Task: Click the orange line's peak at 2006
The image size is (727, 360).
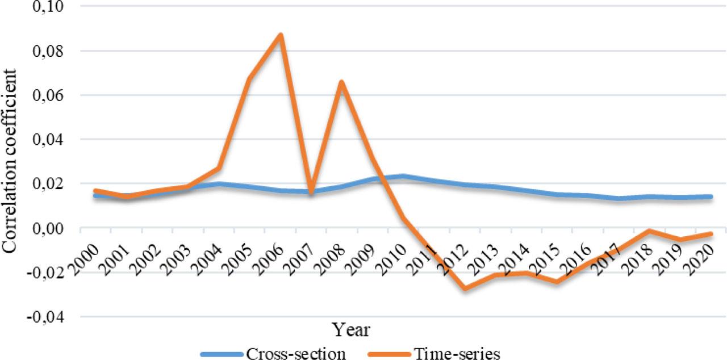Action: (281, 35)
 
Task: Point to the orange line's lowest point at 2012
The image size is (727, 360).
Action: (465, 288)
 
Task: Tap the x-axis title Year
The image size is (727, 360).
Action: (352, 329)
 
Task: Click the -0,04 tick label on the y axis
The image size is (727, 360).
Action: (50, 317)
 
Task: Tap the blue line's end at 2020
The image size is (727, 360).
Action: (711, 197)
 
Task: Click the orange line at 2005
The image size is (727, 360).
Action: (250, 78)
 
